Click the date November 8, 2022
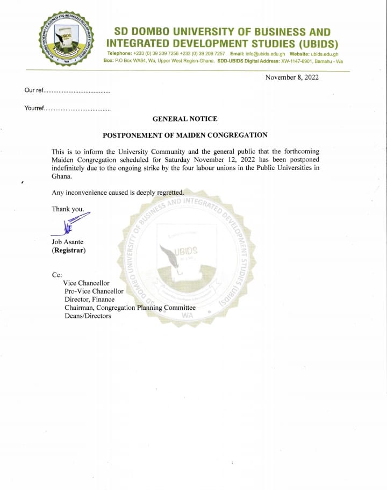[x=292, y=77]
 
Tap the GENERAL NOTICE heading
[x=185, y=119]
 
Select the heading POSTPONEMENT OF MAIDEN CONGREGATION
[x=185, y=136]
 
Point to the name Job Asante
[x=68, y=242]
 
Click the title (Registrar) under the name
[x=69, y=251]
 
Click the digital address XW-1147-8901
[x=296, y=61]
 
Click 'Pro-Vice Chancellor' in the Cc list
[x=94, y=291]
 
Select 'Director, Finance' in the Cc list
[x=90, y=300]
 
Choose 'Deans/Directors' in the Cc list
[x=88, y=316]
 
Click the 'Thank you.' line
[x=68, y=209]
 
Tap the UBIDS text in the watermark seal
[x=186, y=251]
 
